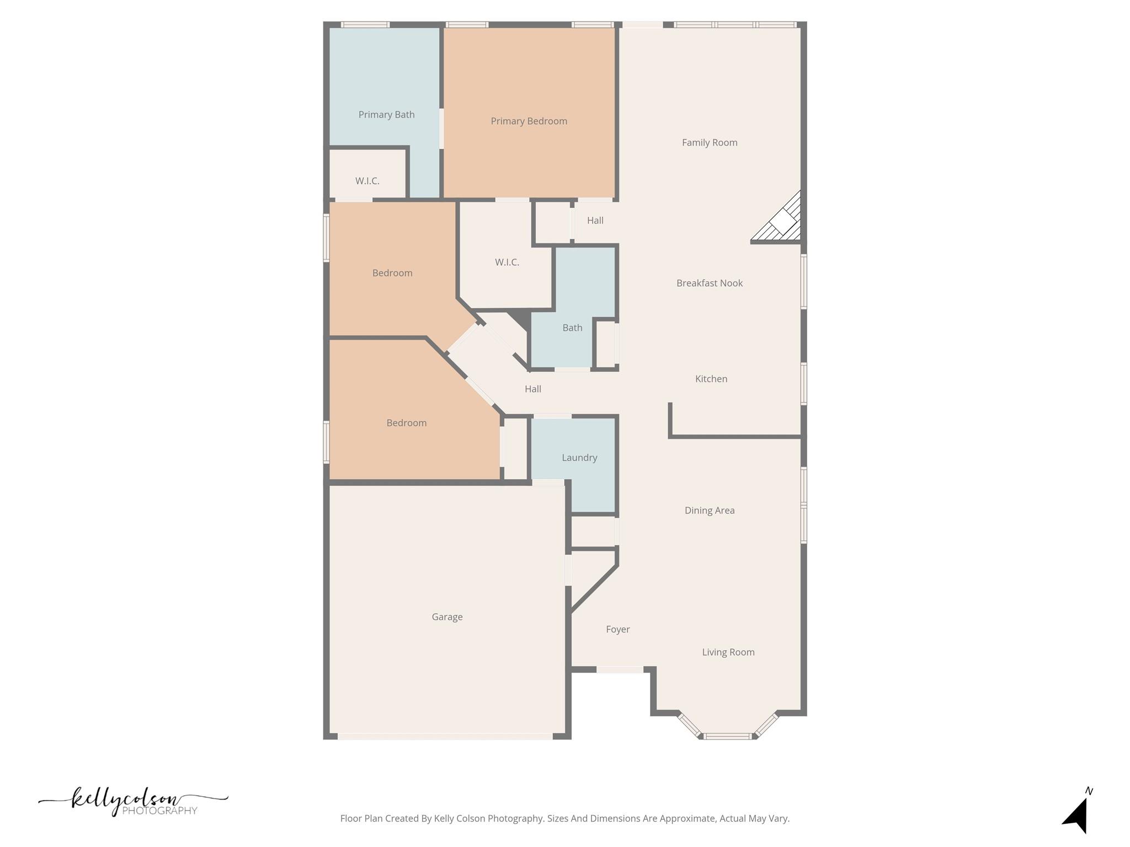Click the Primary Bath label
[386, 115]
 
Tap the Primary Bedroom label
[529, 121]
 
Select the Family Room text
[709, 143]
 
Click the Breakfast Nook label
[709, 283]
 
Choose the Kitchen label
[711, 379]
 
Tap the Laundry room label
[579, 458]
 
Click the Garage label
[447, 617]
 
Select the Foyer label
[617, 629]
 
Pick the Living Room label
[728, 652]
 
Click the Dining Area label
[709, 511]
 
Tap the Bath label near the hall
[572, 328]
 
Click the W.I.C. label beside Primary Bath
[367, 181]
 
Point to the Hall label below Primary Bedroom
[595, 221]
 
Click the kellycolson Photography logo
[132, 802]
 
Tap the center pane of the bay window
[727, 736]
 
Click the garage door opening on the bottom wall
[445, 736]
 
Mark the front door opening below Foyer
[620, 669]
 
